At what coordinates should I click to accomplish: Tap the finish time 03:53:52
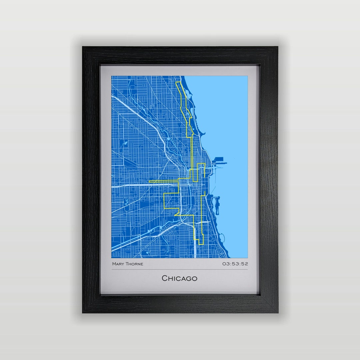[235, 264]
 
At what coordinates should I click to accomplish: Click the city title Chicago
[180, 278]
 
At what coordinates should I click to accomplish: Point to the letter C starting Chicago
[165, 278]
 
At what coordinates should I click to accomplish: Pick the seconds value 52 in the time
[245, 264]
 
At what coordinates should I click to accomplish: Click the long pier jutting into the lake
[220, 163]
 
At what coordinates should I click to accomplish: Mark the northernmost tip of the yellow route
[178, 82]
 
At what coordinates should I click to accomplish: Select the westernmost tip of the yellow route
[149, 181]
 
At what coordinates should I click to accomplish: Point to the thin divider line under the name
[180, 269]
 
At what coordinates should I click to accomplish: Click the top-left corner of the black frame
[83, 47]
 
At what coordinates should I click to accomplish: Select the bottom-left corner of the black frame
[83, 312]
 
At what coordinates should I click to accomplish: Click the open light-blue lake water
[230, 117]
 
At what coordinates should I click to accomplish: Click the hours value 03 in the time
[226, 264]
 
